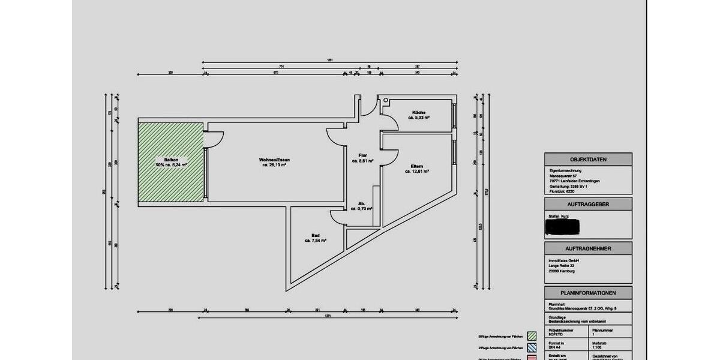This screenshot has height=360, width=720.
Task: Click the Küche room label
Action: [419, 113]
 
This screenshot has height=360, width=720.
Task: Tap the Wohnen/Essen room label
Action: [275, 160]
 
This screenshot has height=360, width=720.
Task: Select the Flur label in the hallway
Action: [362, 155]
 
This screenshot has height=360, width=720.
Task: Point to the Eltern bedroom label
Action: [417, 166]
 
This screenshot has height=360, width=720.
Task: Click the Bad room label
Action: [315, 235]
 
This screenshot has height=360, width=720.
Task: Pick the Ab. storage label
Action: [362, 203]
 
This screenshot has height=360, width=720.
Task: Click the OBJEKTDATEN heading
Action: [588, 160]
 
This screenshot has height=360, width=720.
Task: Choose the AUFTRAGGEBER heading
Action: [588, 205]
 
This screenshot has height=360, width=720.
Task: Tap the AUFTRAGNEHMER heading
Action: [588, 248]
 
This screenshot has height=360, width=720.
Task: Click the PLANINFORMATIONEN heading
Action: [588, 293]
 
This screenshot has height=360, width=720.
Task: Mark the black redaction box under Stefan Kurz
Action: [562, 227]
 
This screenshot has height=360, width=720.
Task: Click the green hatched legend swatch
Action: [530, 336]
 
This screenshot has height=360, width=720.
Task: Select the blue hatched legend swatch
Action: [530, 347]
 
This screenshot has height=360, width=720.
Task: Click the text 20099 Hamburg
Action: [562, 271]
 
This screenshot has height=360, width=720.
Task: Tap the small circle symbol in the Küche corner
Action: [386, 100]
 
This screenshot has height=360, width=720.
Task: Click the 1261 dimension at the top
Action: [329, 60]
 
